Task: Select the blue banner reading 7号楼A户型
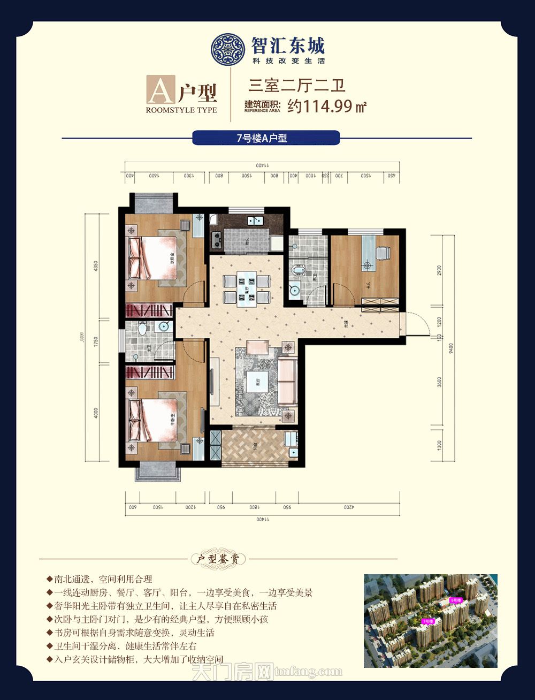(266, 138)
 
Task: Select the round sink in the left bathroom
(163, 327)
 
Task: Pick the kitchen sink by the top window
(253, 220)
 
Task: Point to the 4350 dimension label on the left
(96, 267)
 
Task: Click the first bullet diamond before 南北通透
(50, 580)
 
